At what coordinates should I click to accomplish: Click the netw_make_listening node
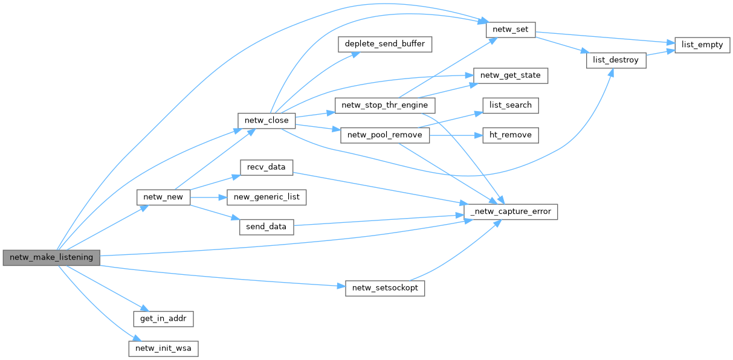pos(51,257)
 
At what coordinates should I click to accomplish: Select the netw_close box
pos(266,120)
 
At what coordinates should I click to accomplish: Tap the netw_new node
pos(164,197)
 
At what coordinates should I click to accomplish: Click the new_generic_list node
pos(266,197)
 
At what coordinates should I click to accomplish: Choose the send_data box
pos(266,227)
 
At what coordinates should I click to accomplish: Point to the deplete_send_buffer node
pos(385,44)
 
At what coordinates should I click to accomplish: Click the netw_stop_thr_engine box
pos(384,105)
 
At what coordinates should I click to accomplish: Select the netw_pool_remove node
pos(385,135)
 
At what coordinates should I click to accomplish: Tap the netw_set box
pos(511,29)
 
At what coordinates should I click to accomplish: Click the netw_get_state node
pos(511,76)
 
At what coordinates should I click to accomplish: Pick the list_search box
pos(510,105)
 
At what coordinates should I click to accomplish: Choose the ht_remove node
pos(510,135)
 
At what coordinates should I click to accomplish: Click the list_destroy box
pos(616,60)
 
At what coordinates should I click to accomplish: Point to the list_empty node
pos(702,45)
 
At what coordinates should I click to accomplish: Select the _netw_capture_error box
pos(511,212)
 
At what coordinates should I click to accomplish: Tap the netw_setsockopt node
pos(385,288)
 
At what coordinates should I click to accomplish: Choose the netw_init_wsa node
pos(163,349)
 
